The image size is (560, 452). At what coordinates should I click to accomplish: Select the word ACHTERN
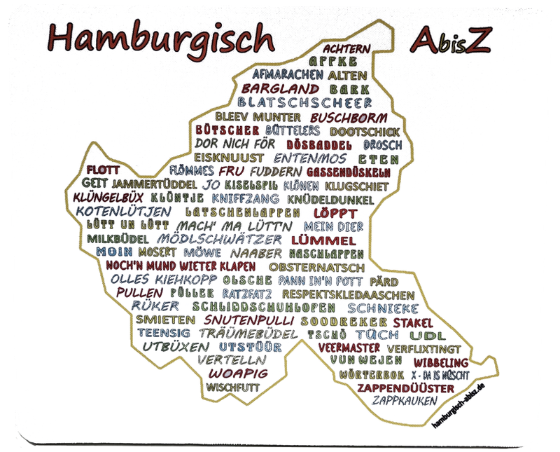pos(344,48)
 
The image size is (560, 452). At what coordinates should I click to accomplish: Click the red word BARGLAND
pos(280,89)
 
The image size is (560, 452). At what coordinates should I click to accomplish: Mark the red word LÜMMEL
pos(315,239)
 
